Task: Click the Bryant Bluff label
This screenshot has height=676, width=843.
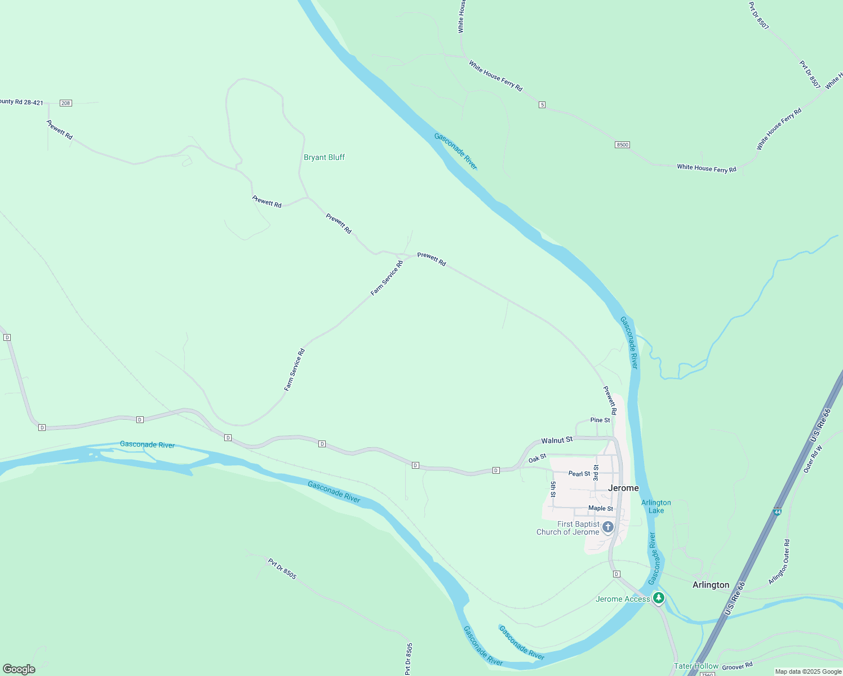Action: coord(324,157)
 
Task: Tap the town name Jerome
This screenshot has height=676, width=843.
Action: coord(623,488)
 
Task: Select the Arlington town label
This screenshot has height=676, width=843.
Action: coord(711,585)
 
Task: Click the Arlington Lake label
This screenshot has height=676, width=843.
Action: coord(656,506)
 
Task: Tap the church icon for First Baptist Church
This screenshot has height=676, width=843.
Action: coord(608,527)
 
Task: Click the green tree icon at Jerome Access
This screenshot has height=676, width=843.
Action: coord(658,598)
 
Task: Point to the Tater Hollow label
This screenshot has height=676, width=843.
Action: coord(696,666)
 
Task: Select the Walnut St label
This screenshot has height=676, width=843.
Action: coord(557,440)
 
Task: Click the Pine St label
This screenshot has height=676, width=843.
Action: coord(600,420)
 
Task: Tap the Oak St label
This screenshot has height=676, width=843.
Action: coord(537,459)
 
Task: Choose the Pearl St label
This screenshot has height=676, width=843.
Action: coord(579,474)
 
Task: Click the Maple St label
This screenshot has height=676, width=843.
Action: coord(600,508)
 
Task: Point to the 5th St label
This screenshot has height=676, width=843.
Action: coord(553,489)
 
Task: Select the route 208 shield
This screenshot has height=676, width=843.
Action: coord(66,103)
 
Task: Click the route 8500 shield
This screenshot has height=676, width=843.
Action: coord(622,145)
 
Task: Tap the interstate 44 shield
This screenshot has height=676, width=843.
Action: coord(777,512)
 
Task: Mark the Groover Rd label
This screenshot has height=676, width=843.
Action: coord(737,666)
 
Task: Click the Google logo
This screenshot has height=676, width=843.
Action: coord(19,669)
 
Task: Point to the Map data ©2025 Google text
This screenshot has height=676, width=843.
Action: coord(808,671)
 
